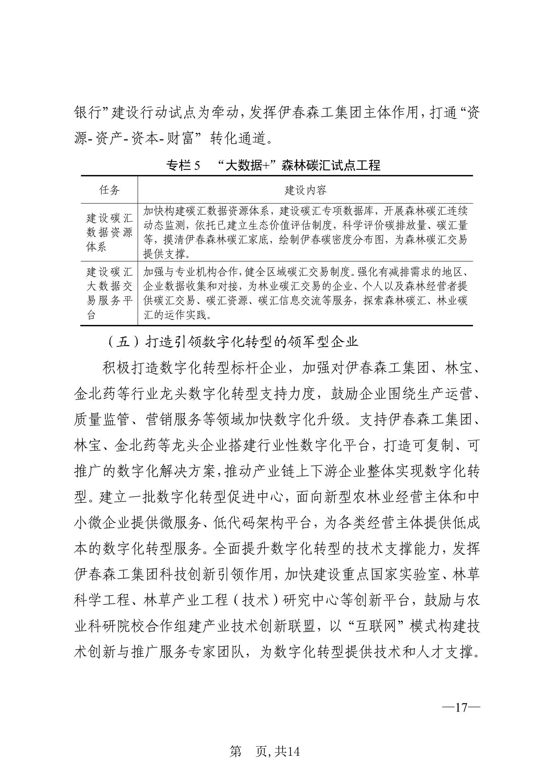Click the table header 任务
tap(109, 190)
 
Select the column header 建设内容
tap(305, 190)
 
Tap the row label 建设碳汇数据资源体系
tap(109, 232)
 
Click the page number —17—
tap(461, 707)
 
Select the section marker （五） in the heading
tap(123, 342)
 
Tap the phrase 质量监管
tap(102, 420)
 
